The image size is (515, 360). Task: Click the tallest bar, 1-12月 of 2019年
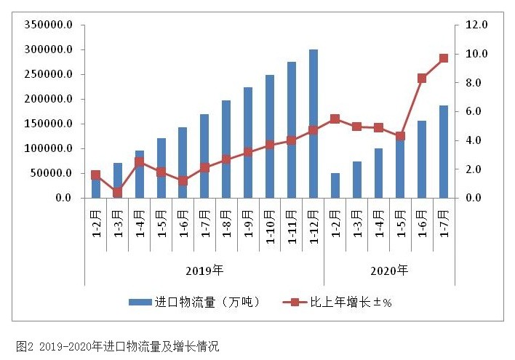(x=314, y=124)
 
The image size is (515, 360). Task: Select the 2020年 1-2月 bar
(x=335, y=185)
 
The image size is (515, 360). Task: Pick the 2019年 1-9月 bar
(x=248, y=143)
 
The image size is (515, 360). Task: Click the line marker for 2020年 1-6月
(x=422, y=78)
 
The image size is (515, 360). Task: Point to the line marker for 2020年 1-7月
(x=444, y=58)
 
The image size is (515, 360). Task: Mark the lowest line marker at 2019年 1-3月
(x=117, y=193)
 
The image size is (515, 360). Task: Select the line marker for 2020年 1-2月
(x=335, y=119)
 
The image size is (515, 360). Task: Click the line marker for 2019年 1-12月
(x=314, y=130)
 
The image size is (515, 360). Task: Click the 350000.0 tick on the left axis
(x=49, y=25)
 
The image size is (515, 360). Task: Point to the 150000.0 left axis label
(x=49, y=124)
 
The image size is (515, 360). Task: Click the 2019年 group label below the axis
(x=204, y=271)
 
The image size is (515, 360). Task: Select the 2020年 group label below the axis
(x=389, y=271)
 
